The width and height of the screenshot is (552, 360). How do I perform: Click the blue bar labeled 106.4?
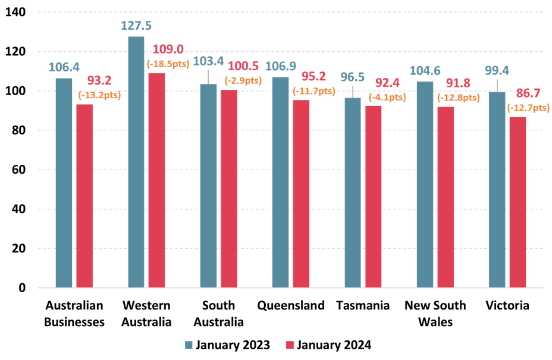pos(64,183)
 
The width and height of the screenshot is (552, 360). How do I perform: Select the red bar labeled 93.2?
pos(84,196)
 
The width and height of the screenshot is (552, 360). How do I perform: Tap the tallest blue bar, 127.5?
pos(136,162)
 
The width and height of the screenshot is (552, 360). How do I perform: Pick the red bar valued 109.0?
pos(156,180)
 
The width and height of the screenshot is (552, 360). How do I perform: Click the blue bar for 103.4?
pos(208,186)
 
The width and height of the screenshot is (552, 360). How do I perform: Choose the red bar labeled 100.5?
pos(229,189)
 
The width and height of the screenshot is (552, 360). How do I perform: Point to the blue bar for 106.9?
pos(280,182)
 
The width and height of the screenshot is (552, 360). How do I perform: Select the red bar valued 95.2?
pos(301,193)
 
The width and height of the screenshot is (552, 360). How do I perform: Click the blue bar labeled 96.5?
pos(353,192)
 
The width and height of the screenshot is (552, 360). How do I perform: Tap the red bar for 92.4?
pos(374,196)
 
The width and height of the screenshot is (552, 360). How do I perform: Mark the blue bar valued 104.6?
pos(425,184)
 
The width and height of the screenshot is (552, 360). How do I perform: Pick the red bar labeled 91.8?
pos(446,197)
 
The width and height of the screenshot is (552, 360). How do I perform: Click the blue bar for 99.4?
pos(497,189)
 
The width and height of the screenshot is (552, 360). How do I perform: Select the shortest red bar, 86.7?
pos(517,202)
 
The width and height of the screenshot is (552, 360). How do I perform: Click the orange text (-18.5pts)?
pos(168,63)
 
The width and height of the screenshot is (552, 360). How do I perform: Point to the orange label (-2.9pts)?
pos(243,80)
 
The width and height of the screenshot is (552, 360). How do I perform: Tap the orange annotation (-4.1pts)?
pos(387,97)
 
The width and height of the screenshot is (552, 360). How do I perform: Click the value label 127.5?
pos(136,26)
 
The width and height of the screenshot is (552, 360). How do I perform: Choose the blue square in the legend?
pos(189,345)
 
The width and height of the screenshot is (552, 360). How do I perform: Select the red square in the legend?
pos(290,345)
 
